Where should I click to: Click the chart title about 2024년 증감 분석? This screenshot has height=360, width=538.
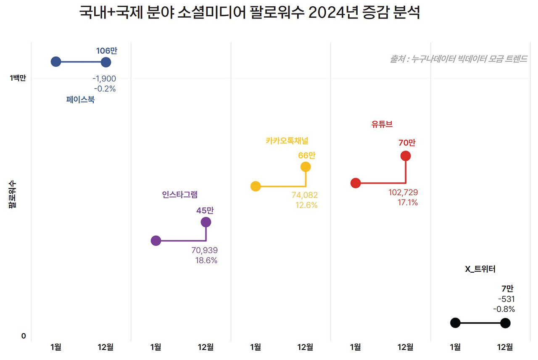click(x=250, y=13)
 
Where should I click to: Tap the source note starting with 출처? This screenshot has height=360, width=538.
click(x=458, y=59)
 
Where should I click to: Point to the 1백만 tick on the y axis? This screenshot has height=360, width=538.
click(x=18, y=78)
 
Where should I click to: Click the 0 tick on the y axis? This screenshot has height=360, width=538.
click(x=24, y=336)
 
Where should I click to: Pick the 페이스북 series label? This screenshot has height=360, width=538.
click(x=80, y=100)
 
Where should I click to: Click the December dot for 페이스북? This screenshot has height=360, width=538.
click(x=106, y=62)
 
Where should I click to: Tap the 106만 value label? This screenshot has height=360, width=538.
click(x=107, y=51)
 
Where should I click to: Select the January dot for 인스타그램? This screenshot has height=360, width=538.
click(x=156, y=241)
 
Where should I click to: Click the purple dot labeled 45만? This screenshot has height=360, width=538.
click(x=206, y=222)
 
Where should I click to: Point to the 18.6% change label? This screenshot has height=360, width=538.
click(x=206, y=260)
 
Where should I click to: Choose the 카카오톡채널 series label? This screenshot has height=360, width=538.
click(x=290, y=141)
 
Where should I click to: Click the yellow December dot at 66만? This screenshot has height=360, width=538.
click(x=306, y=167)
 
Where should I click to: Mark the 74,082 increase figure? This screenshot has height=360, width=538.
click(x=305, y=195)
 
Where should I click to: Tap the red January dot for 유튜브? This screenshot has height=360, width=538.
click(x=356, y=183)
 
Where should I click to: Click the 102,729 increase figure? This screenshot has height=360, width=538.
click(x=403, y=192)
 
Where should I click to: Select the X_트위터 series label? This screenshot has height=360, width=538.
click(x=480, y=269)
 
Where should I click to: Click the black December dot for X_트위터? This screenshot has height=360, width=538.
click(x=505, y=323)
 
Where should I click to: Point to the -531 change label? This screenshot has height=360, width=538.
click(x=506, y=299)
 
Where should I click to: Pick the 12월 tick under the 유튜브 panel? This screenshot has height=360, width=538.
click(x=405, y=347)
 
